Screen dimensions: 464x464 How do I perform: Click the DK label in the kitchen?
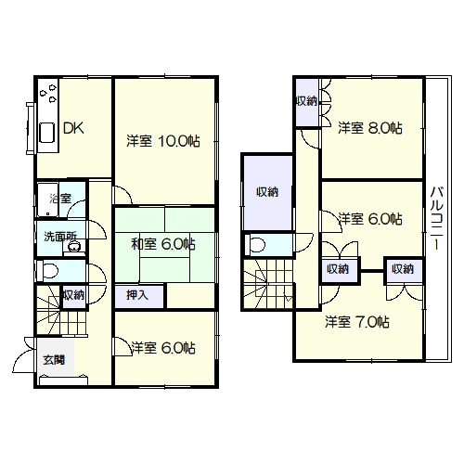coord(73,128)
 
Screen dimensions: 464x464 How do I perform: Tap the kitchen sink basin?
coord(47,133)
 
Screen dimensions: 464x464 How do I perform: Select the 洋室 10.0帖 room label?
coord(163,141)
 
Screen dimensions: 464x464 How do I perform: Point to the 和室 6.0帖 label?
coord(163,244)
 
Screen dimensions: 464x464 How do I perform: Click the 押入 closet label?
coord(137,295)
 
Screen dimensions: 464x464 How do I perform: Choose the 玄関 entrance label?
coord(54,360)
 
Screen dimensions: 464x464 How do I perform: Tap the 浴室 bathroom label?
coord(60,199)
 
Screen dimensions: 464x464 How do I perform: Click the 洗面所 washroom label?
coord(60,237)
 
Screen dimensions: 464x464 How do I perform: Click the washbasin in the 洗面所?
coord(74,247)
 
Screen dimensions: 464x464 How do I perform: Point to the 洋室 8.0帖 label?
coord(370,128)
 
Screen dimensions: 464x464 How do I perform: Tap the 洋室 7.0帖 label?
coord(357,322)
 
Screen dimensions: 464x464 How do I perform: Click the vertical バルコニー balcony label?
coord(437,217)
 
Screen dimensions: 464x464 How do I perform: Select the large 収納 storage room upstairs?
coord(267,192)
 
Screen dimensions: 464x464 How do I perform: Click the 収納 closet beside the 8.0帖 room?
coord(307,102)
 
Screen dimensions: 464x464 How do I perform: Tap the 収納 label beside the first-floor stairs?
coord(74,295)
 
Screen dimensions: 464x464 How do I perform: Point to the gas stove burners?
coord(48,93)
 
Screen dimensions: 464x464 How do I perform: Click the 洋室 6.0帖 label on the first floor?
coord(163,348)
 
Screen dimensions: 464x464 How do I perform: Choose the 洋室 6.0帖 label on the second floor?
coord(370,219)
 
